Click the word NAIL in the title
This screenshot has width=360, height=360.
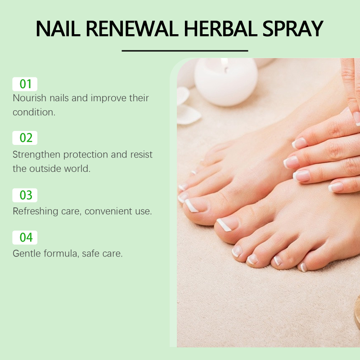coord(58,29)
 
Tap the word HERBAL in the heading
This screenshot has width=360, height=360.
coord(220,29)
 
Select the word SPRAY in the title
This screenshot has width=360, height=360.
coord(293,29)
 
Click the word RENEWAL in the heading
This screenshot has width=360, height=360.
coord(132,29)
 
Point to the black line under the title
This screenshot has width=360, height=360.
coord(185,50)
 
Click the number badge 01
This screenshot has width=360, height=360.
coord(25,84)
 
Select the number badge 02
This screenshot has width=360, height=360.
coord(25,138)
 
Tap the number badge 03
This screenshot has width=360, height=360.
coord(25,195)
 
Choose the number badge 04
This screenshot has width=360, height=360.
coord(25,238)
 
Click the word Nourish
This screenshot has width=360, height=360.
coord(30,98)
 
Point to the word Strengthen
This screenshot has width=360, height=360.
coord(36,155)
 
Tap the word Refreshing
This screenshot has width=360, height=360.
coord(36,211)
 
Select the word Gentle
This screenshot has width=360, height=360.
coord(27,253)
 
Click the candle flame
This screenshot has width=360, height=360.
coord(225,63)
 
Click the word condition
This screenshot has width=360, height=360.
coord(34,112)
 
